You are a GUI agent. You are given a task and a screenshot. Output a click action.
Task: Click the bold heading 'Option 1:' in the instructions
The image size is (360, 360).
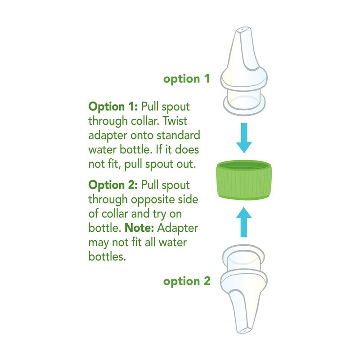[113, 107]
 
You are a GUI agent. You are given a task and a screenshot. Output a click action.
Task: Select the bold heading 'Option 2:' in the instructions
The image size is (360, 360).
[114, 185]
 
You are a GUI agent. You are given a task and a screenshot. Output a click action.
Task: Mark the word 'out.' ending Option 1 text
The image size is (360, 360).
[185, 164]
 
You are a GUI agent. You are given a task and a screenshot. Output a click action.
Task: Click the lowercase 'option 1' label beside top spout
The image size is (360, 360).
[186, 79]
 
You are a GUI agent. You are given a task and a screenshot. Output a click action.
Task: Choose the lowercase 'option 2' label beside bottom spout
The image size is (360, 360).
[187, 281]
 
